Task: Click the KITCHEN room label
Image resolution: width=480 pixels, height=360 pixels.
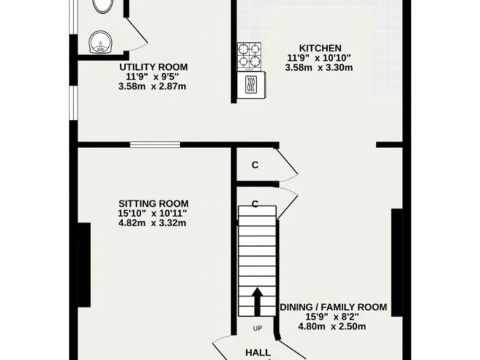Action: click(x=320, y=48)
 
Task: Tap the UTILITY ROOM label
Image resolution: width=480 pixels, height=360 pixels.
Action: click(x=153, y=67)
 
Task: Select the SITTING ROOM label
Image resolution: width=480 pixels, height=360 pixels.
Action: click(x=153, y=204)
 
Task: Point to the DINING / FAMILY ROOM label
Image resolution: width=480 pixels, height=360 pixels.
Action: click(x=333, y=307)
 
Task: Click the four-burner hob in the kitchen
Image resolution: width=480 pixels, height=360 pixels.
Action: click(x=251, y=56)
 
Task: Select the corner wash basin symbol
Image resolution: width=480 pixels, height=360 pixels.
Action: click(x=99, y=42)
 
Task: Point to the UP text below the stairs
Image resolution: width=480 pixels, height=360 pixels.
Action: click(x=257, y=328)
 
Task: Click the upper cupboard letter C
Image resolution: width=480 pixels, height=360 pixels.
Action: click(x=254, y=165)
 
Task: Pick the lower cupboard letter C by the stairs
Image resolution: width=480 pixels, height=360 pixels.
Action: click(x=255, y=204)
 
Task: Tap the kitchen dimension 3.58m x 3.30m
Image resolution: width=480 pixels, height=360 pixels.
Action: click(x=319, y=67)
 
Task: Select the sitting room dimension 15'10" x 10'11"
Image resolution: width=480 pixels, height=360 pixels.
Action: click(x=153, y=213)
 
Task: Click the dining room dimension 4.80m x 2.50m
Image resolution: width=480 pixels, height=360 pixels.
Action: click(x=333, y=326)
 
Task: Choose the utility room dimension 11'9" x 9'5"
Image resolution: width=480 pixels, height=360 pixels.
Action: click(x=153, y=77)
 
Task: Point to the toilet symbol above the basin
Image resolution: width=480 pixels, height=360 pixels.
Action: click(x=102, y=6)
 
